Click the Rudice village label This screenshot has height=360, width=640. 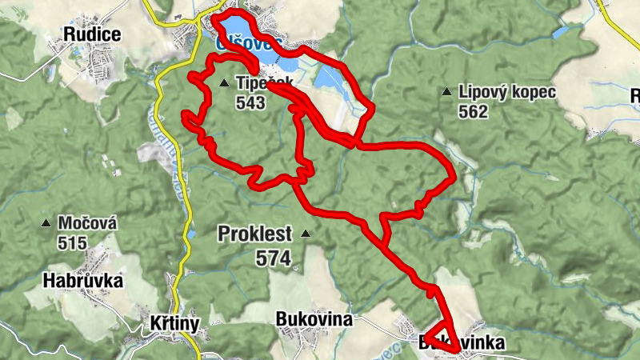pos(94,34)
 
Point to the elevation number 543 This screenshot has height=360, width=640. pos(250,102)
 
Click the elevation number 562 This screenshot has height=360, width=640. pos(474,112)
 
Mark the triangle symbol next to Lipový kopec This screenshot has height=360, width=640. pos(446,92)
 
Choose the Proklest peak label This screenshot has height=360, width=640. pos(256,234)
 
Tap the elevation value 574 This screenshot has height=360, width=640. pos(274,258)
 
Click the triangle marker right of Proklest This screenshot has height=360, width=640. pos(306,234)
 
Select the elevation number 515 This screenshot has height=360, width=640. pos(73,242)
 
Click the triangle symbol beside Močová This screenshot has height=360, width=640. pos(48,223)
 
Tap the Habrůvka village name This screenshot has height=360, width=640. pos(84,281)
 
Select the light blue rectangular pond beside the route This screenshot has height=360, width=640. pos(330,77)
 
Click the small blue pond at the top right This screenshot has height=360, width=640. pos(561,33)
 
